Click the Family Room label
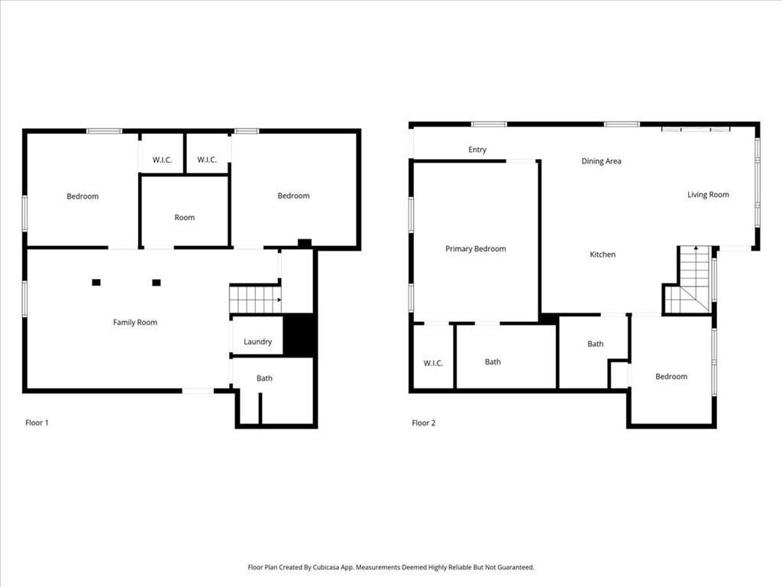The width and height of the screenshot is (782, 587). coord(135,323)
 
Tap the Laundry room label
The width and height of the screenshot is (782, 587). coord(258,342)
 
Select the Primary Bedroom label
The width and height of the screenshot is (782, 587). coord(476,248)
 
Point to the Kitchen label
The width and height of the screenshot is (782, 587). coord(603,255)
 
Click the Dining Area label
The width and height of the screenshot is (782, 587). coord(602,161)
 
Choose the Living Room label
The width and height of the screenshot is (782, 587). coord(708,195)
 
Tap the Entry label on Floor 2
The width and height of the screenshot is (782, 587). coord(477,150)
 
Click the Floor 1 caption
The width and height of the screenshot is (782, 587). coord(37,423)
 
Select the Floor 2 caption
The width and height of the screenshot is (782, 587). coord(423,423)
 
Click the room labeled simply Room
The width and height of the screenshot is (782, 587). coord(185,218)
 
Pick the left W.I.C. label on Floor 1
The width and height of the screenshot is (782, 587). coord(162,161)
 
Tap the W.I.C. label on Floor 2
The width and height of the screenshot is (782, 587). coord(433,363)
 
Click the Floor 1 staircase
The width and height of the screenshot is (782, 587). coord(255,299)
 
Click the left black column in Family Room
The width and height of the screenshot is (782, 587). coord(96,283)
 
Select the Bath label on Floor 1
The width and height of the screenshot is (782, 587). coord(264,378)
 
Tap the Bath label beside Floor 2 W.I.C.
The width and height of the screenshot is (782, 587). coord(493,362)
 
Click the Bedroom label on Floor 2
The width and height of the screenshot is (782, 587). coord(671,376)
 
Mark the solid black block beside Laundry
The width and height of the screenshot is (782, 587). coord(299,335)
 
